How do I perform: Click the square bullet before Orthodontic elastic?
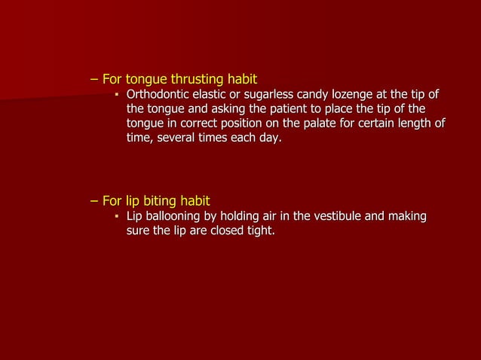tap(117, 96)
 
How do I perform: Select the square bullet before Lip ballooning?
tap(117, 218)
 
